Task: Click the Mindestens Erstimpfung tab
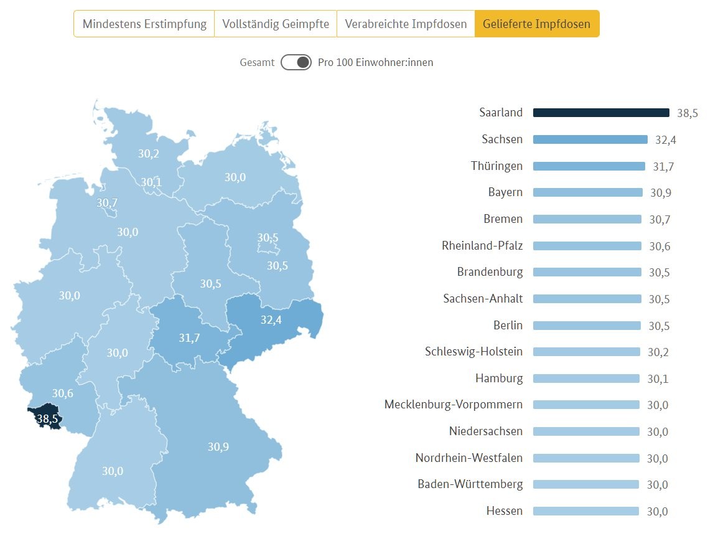pyautogui.click(x=144, y=24)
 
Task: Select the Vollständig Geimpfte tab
pyautogui.click(x=276, y=24)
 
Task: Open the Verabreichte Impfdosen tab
pyautogui.click(x=406, y=24)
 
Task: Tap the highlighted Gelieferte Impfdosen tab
pyautogui.click(x=537, y=24)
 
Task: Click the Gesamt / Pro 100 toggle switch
pyautogui.click(x=296, y=62)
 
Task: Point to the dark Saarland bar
pyautogui.click(x=601, y=113)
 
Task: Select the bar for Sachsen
pyautogui.click(x=590, y=139)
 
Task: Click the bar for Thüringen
pyautogui.click(x=589, y=166)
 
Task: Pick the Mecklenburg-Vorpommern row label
pyautogui.click(x=454, y=405)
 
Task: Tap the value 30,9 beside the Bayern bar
pyautogui.click(x=660, y=193)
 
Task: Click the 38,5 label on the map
pyautogui.click(x=47, y=419)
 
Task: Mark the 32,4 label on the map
pyautogui.click(x=271, y=320)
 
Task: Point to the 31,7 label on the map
pyautogui.click(x=189, y=337)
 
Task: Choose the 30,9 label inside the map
pyautogui.click(x=218, y=446)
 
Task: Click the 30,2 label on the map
pyautogui.click(x=148, y=154)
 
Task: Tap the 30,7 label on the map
pyautogui.click(x=107, y=202)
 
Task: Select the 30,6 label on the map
pyautogui.click(x=62, y=393)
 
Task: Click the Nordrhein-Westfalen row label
pyautogui.click(x=469, y=458)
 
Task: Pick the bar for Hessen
pyautogui.click(x=586, y=511)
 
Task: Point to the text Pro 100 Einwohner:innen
pyautogui.click(x=375, y=62)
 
